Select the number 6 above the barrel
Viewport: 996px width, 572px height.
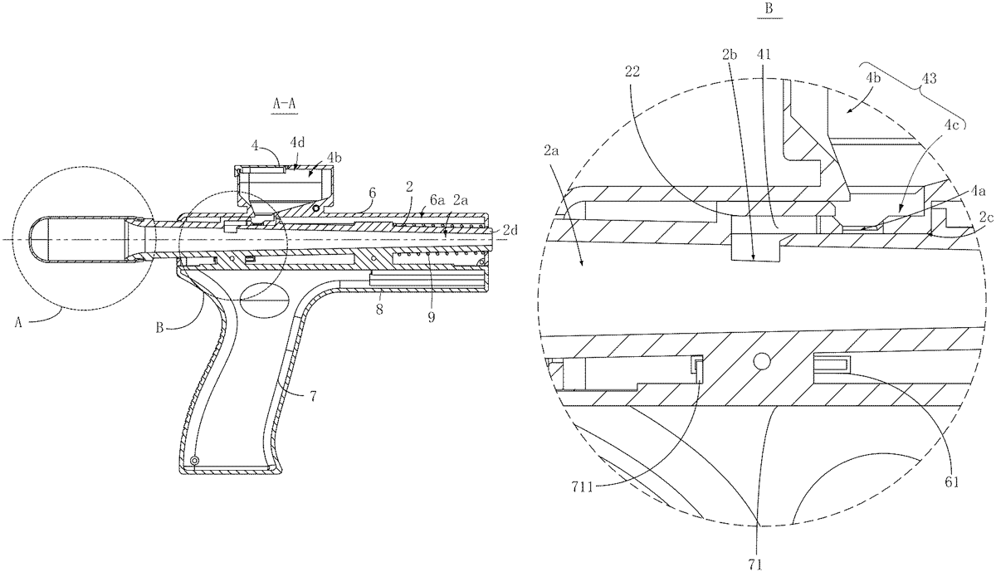(x=372, y=192)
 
